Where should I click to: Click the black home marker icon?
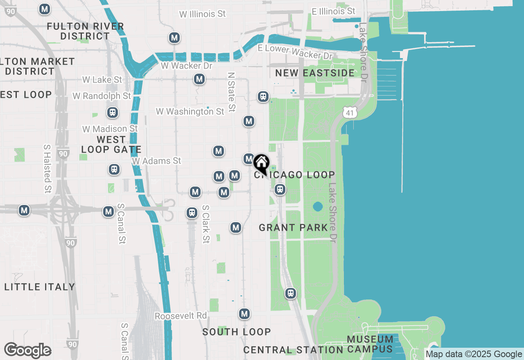tap(261, 163)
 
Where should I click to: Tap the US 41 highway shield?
tap(349, 112)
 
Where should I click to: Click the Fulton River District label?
tap(85, 31)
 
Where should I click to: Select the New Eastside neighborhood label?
tap(315, 73)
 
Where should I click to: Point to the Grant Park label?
tap(293, 227)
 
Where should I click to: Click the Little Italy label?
tap(40, 287)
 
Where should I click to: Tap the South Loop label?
tap(236, 332)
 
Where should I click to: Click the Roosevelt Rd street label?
tap(181, 316)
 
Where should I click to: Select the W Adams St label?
tap(156, 161)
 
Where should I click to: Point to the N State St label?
tap(232, 92)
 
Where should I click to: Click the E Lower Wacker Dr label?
tap(295, 52)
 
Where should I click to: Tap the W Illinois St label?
tap(202, 14)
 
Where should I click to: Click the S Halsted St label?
tap(47, 168)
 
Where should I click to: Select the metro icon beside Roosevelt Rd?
tap(244, 314)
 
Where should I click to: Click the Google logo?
tap(27, 350)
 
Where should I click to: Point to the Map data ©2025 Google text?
tap(474, 354)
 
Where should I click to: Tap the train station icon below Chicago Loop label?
tap(280, 189)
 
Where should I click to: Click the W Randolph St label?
tap(102, 96)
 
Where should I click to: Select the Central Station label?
tap(293, 350)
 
